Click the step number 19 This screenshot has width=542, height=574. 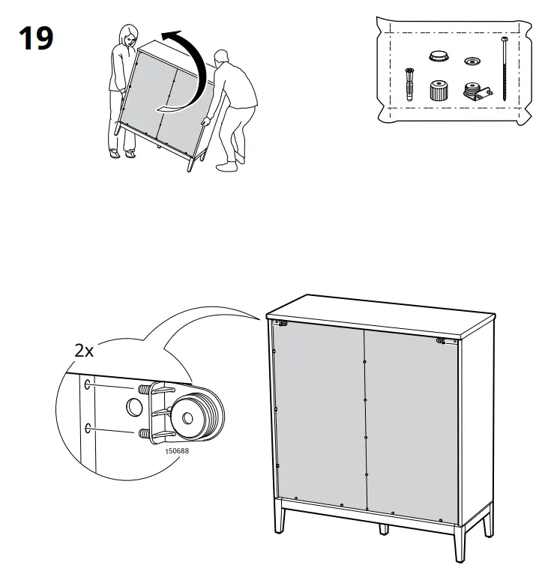(36, 38)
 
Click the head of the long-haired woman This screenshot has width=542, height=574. (128, 34)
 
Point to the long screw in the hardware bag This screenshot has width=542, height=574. (505, 69)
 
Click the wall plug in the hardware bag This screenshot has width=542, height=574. (409, 84)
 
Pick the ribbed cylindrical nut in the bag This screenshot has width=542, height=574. (439, 91)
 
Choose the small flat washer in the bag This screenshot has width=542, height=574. (472, 61)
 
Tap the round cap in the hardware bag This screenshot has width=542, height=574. (439, 56)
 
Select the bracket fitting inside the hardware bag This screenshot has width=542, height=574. (477, 92)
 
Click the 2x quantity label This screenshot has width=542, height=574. (84, 351)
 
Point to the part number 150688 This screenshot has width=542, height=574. (177, 451)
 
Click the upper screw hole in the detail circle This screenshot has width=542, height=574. (88, 384)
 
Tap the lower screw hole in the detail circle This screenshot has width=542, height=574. (88, 428)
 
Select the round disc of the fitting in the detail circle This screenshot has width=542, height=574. (197, 415)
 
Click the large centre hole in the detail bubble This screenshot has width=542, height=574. (134, 407)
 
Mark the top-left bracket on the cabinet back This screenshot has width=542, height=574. (283, 323)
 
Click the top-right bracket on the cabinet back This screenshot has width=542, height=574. (442, 341)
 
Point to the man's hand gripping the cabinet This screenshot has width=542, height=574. (206, 121)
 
